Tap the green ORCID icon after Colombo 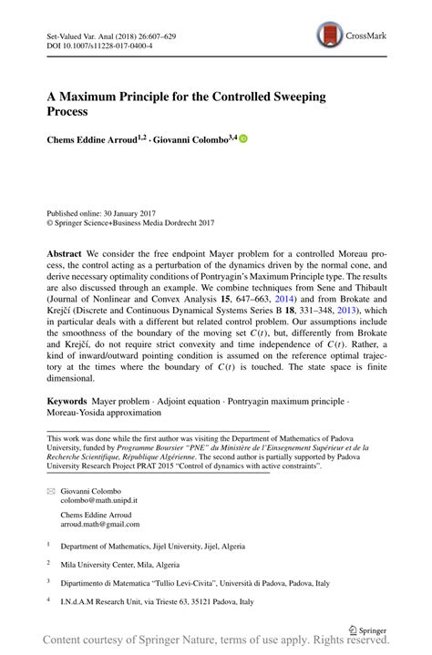(x=243, y=138)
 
